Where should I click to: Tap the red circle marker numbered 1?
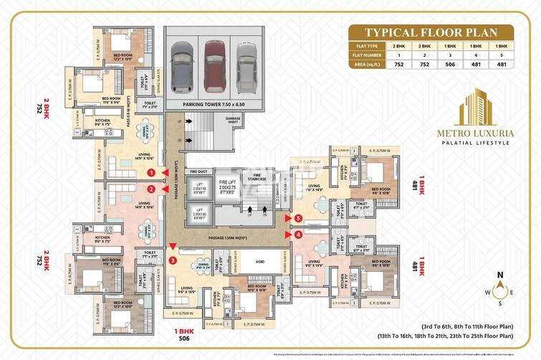(x=151, y=173)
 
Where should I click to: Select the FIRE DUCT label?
(x=198, y=172)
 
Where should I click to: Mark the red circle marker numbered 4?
(x=298, y=233)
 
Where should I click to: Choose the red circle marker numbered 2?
(x=151, y=189)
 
